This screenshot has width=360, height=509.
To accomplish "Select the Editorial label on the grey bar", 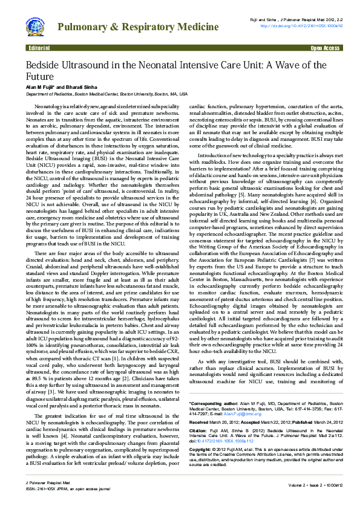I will coord(39,48).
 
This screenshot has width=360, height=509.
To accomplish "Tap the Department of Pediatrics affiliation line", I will coord(106,95).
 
